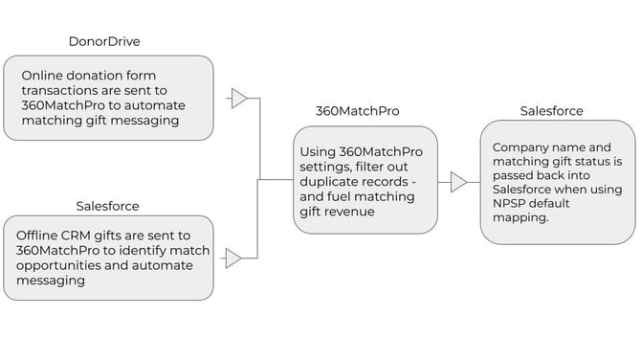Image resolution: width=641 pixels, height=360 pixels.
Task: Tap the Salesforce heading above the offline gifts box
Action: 107,206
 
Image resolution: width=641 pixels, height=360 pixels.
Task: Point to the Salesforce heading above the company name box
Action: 551,111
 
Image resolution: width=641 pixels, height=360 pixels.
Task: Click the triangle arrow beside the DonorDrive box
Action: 239,99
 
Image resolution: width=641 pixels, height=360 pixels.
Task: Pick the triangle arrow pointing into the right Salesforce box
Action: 459,182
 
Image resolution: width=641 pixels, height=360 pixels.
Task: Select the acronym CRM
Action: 86,236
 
